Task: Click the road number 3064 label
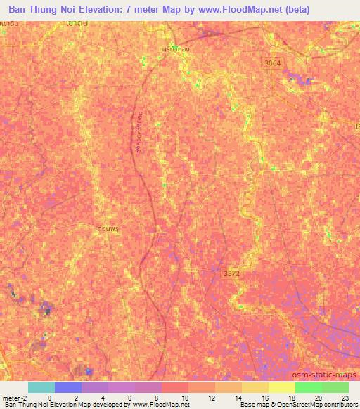pos(273,64)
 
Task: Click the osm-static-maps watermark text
pos(324,375)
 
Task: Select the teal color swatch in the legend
pos(41,387)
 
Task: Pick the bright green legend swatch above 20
pos(309,387)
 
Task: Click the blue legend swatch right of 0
pos(68,387)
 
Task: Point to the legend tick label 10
pos(184,398)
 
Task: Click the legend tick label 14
pos(237,398)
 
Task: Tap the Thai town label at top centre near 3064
pos(176,50)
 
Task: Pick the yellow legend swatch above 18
pos(282,387)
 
